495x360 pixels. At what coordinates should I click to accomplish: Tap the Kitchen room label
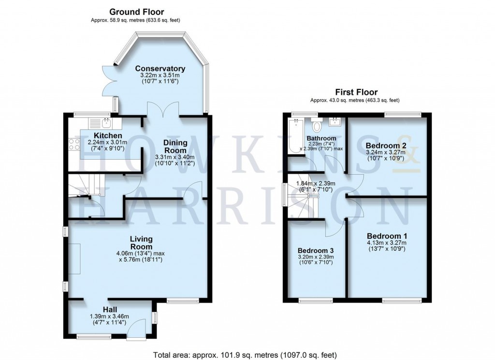(108, 135)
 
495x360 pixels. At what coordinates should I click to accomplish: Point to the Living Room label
(141, 243)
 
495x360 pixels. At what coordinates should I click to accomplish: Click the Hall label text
(110, 310)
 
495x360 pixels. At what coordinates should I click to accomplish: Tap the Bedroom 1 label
(387, 236)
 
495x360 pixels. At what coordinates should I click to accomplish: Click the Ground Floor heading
(136, 12)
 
